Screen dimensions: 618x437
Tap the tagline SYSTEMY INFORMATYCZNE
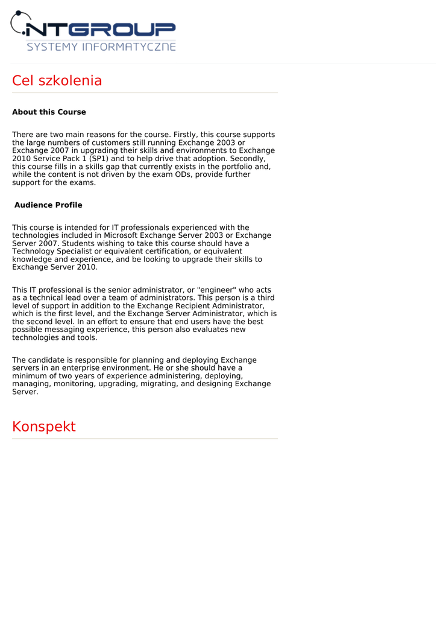tap(101, 46)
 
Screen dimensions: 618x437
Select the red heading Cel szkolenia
tap(57, 81)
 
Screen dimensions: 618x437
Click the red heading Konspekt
tap(44, 427)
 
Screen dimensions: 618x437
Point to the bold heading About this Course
tap(49, 112)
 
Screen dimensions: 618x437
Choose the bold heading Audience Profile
tap(48, 205)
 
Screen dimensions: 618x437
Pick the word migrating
tap(160, 384)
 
